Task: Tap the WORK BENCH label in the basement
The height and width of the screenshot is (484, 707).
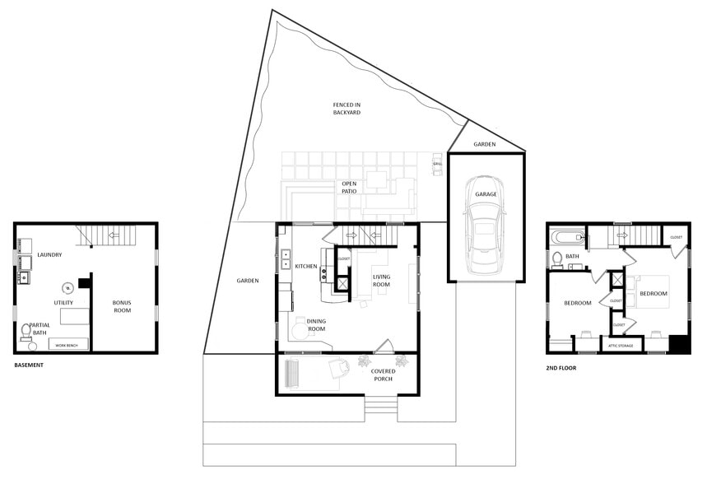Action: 67,345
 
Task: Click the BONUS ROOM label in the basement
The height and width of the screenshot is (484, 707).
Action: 122,307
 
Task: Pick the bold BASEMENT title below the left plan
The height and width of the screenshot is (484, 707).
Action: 29,365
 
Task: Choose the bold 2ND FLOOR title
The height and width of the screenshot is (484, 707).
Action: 561,368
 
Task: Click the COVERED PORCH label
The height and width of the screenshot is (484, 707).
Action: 384,375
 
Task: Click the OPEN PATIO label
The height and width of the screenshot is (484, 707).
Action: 349,188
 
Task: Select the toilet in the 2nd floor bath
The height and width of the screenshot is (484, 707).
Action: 557,259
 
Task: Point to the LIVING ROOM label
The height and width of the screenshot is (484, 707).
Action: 382,282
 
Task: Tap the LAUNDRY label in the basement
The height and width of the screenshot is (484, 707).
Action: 50,254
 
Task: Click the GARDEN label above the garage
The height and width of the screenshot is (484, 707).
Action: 485,144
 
